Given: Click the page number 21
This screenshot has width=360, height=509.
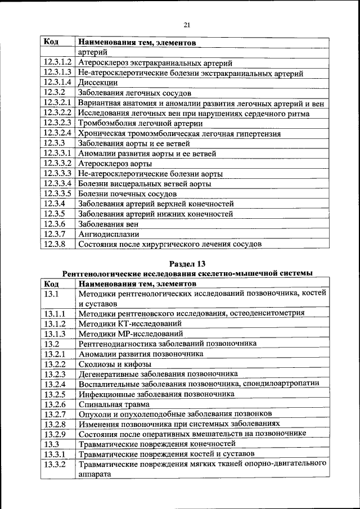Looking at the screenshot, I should click(x=187, y=24).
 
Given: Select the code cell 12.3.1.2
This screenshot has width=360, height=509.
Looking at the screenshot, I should click(x=57, y=63).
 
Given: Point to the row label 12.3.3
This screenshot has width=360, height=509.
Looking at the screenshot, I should click(x=55, y=143).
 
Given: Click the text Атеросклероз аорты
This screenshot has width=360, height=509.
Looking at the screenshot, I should click(x=115, y=164).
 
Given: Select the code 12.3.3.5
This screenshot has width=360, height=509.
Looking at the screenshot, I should click(x=57, y=193).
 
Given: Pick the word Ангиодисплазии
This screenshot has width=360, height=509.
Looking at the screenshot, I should click(x=109, y=234).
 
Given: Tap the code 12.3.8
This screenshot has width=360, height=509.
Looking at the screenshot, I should click(x=55, y=244).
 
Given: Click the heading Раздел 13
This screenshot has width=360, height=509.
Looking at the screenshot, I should click(x=187, y=263).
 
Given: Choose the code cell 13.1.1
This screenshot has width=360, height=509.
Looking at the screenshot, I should click(x=55, y=313).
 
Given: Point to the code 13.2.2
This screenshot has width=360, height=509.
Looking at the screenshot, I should click(x=55, y=364).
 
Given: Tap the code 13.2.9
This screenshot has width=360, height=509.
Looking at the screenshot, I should click(x=55, y=434).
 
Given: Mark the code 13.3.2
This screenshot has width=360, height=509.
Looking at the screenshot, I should click(x=55, y=465).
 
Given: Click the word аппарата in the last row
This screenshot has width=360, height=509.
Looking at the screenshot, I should click(x=94, y=474).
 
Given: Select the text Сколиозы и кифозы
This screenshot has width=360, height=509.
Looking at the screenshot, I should click(x=111, y=364).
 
